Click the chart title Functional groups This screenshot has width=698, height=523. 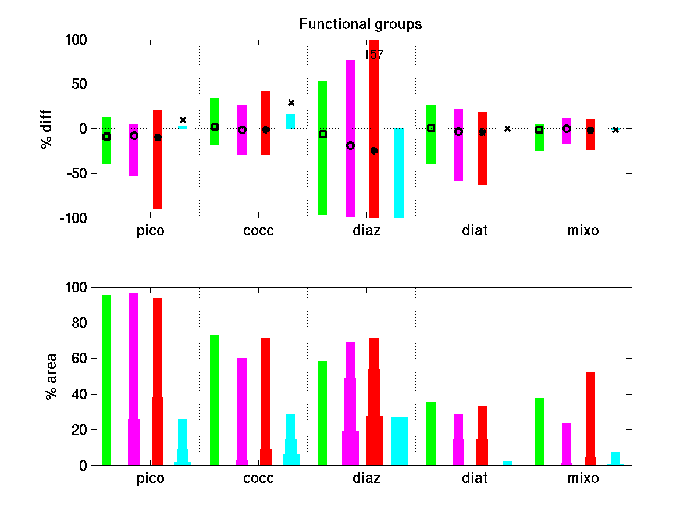(x=360, y=24)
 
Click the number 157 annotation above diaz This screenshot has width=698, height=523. (x=373, y=55)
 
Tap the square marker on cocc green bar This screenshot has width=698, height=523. (x=215, y=127)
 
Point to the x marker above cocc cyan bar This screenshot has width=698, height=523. (x=291, y=103)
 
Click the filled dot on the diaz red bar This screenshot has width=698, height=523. (x=374, y=151)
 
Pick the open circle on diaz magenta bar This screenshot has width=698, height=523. (x=350, y=146)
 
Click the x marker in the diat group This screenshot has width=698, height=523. (x=507, y=128)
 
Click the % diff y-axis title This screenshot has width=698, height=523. (x=47, y=129)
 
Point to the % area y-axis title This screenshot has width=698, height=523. (x=51, y=376)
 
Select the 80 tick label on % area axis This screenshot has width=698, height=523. (x=79, y=323)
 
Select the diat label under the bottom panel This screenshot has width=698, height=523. (x=475, y=479)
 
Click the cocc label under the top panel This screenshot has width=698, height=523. (x=258, y=231)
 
